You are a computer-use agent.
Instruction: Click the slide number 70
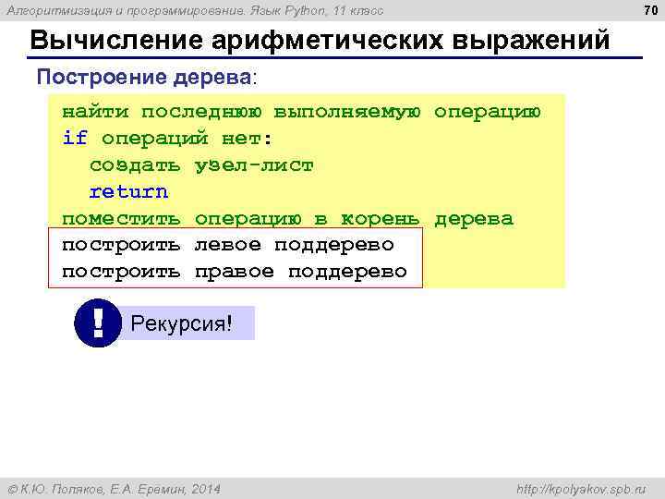(x=647, y=10)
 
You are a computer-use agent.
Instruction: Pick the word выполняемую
(x=347, y=112)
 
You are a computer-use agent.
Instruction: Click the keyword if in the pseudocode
(x=74, y=139)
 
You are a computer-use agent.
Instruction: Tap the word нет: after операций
(x=248, y=139)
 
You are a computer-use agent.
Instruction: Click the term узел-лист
(x=254, y=165)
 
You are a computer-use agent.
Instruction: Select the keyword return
(x=128, y=192)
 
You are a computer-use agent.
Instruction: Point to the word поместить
(x=121, y=219)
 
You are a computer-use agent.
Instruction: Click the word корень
(x=381, y=219)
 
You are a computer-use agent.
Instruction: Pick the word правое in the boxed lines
(x=234, y=272)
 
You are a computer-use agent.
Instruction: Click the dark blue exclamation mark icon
(x=98, y=323)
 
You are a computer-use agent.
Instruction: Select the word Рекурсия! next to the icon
(x=181, y=323)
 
